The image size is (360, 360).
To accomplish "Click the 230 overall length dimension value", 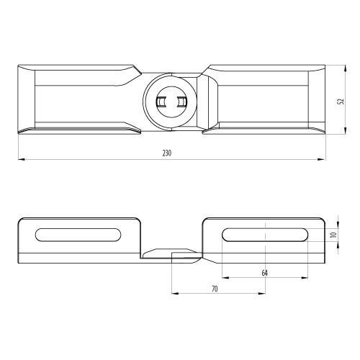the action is [x=167, y=153].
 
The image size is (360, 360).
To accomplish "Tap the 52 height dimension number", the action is [x=341, y=102].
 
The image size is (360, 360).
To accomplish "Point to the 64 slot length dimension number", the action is [x=264, y=273].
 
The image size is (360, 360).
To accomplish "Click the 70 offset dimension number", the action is [x=215, y=289].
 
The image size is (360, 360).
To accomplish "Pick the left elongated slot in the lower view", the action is [x=78, y=235].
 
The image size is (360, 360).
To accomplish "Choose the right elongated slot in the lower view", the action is [x=265, y=235].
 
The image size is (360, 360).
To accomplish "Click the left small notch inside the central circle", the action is [x=160, y=102].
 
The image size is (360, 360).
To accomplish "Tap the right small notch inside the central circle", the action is [x=181, y=102].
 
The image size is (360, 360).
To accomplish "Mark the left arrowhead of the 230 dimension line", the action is [x=22, y=159].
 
